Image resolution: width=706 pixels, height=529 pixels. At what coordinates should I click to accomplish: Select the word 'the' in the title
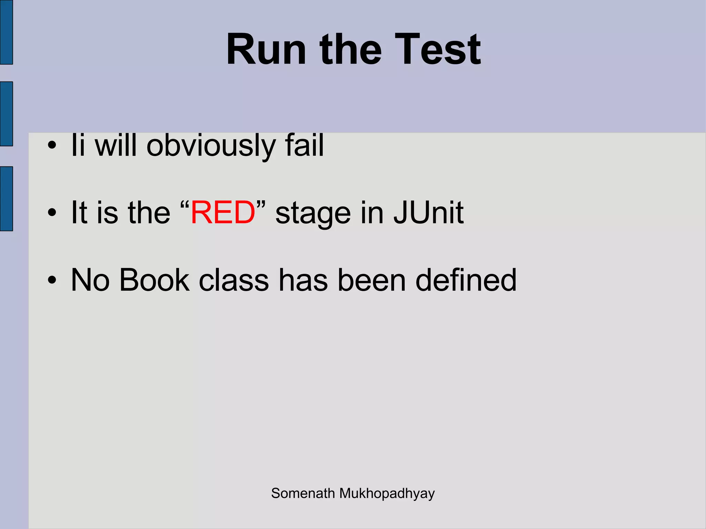coord(350,49)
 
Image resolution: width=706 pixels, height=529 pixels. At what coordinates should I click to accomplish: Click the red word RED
coord(223,212)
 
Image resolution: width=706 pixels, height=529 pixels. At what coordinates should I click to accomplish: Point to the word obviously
coord(211,146)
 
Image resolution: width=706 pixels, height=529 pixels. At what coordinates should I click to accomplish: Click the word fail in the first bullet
coord(304,145)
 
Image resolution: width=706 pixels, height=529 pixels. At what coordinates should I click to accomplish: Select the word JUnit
coord(428,212)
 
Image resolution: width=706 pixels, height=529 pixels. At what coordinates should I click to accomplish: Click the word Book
coord(154,280)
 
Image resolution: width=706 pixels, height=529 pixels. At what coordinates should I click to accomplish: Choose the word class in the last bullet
coord(234,280)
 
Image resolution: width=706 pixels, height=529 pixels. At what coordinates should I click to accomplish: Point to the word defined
coord(466,280)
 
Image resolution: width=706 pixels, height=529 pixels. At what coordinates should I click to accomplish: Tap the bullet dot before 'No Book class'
coord(52,280)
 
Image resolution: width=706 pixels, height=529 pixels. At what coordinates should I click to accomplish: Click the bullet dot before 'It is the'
coord(52,213)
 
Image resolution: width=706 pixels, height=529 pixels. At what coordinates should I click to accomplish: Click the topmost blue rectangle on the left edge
coord(6,32)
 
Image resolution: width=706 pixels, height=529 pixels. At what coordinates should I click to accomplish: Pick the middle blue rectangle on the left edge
coord(6,114)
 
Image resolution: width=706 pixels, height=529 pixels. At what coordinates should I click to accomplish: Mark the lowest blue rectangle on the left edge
coord(6,199)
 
